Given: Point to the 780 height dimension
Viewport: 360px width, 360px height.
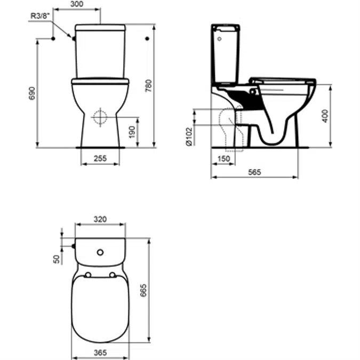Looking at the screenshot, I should [x=149, y=85].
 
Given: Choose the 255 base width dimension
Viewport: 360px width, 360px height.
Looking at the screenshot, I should [x=100, y=158].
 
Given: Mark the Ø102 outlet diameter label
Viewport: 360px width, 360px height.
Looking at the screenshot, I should [x=188, y=135].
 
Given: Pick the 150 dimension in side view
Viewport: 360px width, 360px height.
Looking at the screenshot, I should [x=223, y=159].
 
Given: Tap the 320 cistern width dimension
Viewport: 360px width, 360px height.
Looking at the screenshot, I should [x=100, y=219].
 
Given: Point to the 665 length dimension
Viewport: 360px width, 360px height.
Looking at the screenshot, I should [x=143, y=290].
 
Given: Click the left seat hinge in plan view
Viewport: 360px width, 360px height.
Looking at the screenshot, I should [x=86, y=275].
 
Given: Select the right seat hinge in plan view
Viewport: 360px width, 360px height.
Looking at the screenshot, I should [x=113, y=275].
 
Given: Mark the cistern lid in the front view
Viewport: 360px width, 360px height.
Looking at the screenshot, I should [x=100, y=27].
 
